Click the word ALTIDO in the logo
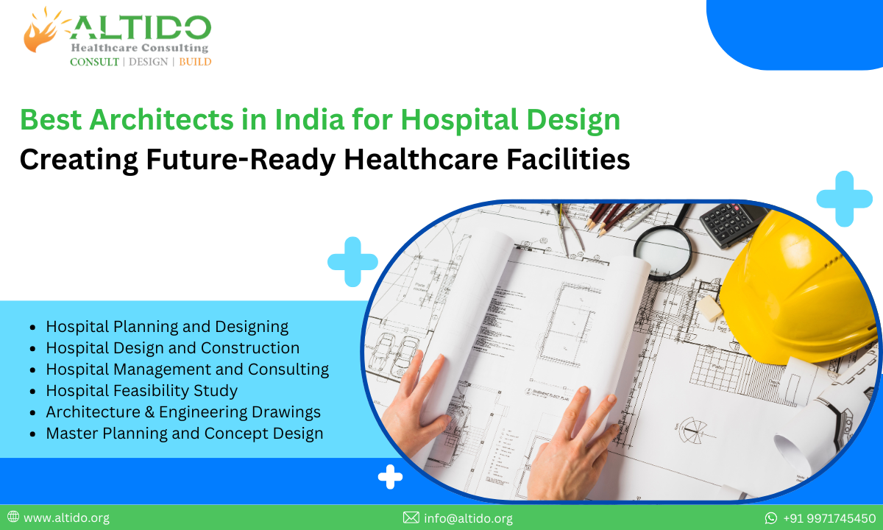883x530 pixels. [140, 29]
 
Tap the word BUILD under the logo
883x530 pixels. [195, 62]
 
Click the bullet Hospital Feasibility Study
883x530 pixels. [141, 390]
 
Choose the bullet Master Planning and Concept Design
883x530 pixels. [184, 434]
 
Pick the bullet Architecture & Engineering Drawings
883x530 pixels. [182, 411]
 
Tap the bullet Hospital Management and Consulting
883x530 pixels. [187, 369]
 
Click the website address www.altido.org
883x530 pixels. [66, 518]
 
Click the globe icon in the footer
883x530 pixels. [13, 517]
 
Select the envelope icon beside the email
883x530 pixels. [411, 518]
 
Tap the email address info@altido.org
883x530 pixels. [468, 518]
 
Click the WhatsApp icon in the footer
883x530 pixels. [771, 518]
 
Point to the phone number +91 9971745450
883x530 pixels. [829, 518]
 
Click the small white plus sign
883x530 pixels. [390, 478]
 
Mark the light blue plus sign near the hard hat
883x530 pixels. [844, 198]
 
